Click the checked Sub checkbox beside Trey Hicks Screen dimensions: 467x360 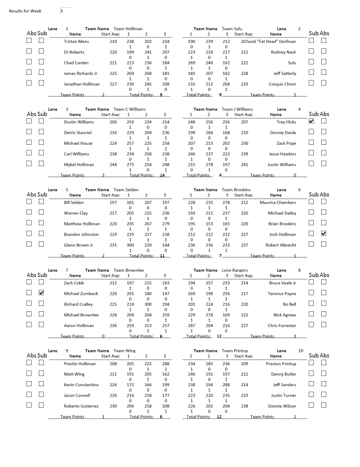pos(312,122)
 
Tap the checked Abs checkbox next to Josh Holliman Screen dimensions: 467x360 pos(324,234)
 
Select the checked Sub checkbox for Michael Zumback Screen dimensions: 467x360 pos(41,293)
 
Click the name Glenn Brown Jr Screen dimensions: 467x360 pos(79,245)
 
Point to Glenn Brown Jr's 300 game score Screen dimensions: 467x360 pos(130,245)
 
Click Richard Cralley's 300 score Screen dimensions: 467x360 pos(148,304)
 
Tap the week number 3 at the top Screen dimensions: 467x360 pos(62,11)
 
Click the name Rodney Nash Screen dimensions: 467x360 pos(283,52)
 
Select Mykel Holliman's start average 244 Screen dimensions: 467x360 pos(113,164)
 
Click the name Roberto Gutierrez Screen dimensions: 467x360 pos(81,406)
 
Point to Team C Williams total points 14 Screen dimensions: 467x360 pos(162,175)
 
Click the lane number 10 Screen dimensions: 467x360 pos(300,351)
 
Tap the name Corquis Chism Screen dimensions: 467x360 pos(282,84)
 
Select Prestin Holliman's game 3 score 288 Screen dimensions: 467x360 pos(165,364)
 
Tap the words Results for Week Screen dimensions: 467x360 pos(25,11)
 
